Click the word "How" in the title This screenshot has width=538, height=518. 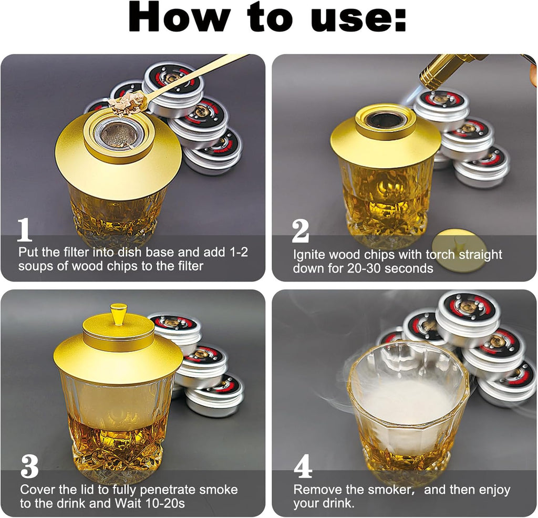point(179,18)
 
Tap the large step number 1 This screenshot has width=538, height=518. point(25,229)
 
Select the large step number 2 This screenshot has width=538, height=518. point(301,231)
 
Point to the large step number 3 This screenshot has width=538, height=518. point(29,466)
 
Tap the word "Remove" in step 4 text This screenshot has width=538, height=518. point(316,490)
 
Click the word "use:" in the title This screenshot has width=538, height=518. point(358,19)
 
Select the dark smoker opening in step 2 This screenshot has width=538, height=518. point(386,119)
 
